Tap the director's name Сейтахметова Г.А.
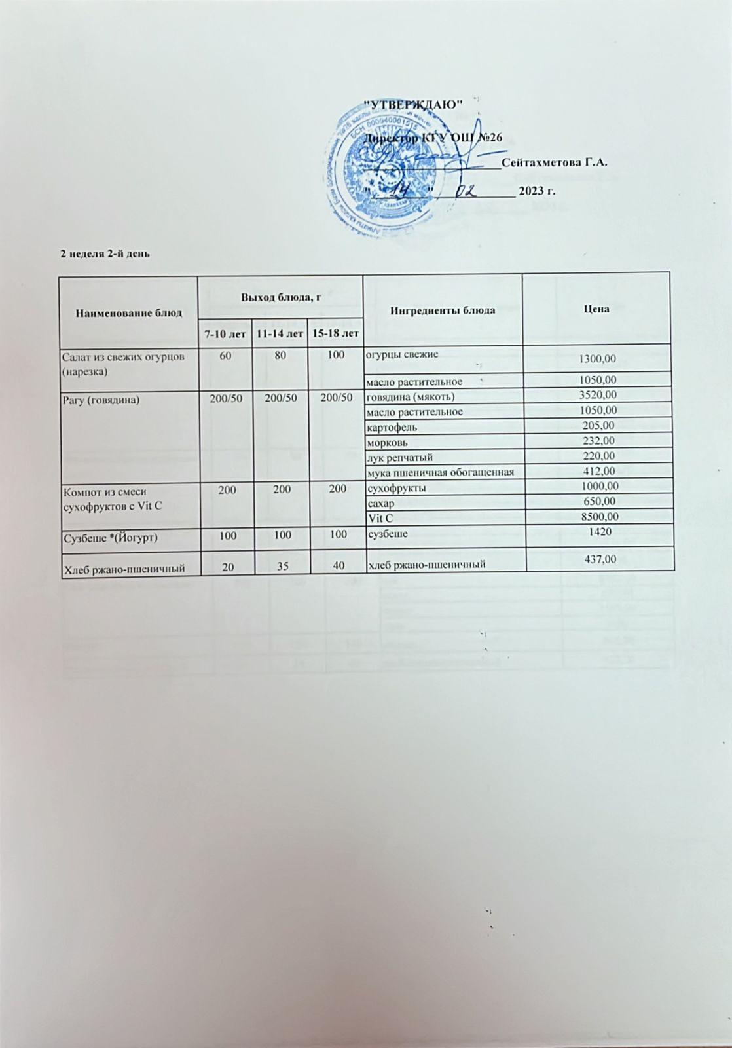[557, 162]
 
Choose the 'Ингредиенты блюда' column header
[443, 309]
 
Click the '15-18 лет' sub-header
[333, 334]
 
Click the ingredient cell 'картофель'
[392, 427]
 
